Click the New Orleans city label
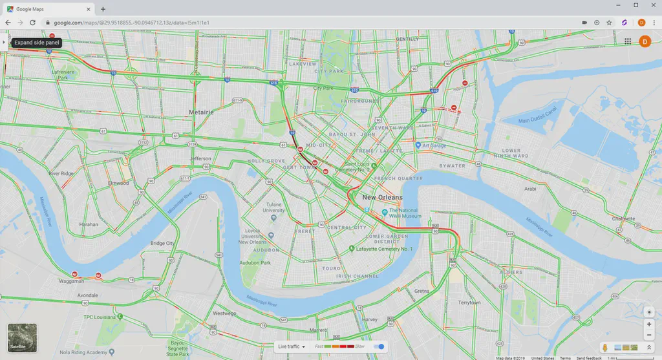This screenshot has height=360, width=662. pyautogui.click(x=382, y=197)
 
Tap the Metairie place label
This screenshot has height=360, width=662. pyautogui.click(x=200, y=112)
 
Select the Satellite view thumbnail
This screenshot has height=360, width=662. pyautogui.click(x=22, y=337)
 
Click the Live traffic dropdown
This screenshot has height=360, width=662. pyautogui.click(x=292, y=347)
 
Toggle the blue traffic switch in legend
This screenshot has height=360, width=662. pyautogui.click(x=379, y=347)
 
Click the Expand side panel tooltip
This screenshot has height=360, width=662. pyautogui.click(x=37, y=42)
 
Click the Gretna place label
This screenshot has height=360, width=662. pyautogui.click(x=422, y=291)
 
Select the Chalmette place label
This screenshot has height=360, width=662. pyautogui.click(x=623, y=218)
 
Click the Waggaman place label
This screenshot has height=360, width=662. pyautogui.click(x=72, y=281)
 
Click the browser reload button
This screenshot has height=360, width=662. pyautogui.click(x=32, y=23)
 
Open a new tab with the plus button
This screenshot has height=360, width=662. pyautogui.click(x=103, y=9)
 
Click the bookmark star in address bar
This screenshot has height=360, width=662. pyautogui.click(x=609, y=23)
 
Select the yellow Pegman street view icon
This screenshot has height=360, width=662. pyautogui.click(x=604, y=348)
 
